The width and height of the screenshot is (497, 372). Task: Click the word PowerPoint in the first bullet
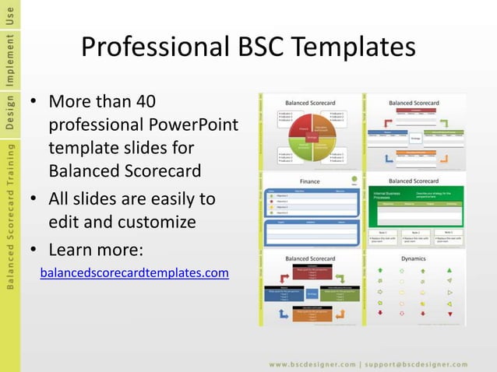click(x=197, y=125)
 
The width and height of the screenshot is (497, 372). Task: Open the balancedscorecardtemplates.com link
click(x=134, y=273)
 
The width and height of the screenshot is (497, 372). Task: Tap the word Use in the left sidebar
click(x=9, y=16)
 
